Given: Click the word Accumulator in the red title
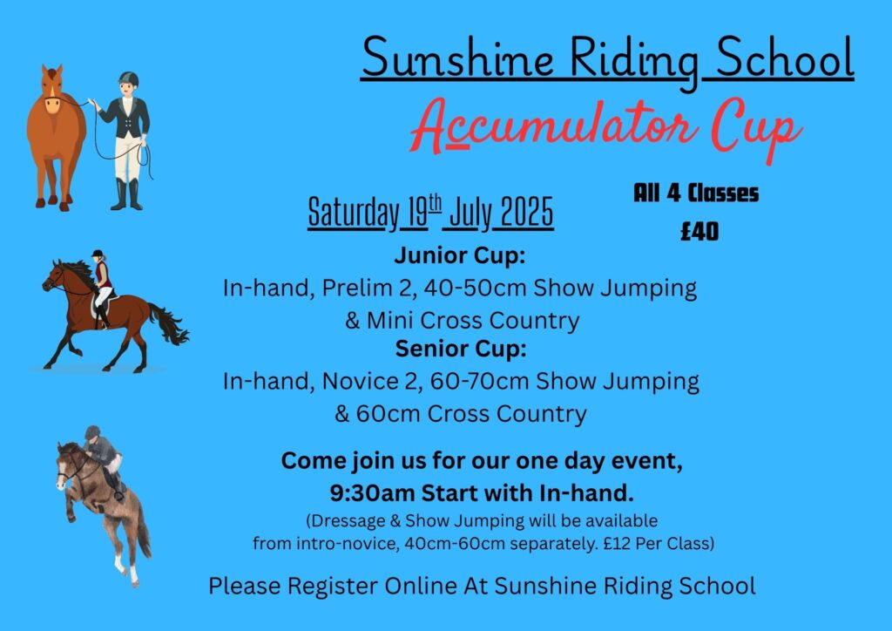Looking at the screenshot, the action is click(x=555, y=126).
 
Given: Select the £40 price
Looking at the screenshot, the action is click(x=699, y=232).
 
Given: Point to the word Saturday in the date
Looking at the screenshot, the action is click(x=354, y=214).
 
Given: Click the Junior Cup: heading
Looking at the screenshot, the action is click(x=460, y=255).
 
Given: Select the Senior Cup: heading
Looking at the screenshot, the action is click(x=461, y=349).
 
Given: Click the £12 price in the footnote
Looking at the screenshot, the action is click(x=617, y=544).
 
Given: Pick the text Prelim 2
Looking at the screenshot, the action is click(x=367, y=288).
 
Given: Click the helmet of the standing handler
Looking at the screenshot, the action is click(x=129, y=78).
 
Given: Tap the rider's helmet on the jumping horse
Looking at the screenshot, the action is click(x=92, y=432).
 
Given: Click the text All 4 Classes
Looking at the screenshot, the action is click(x=696, y=193).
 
